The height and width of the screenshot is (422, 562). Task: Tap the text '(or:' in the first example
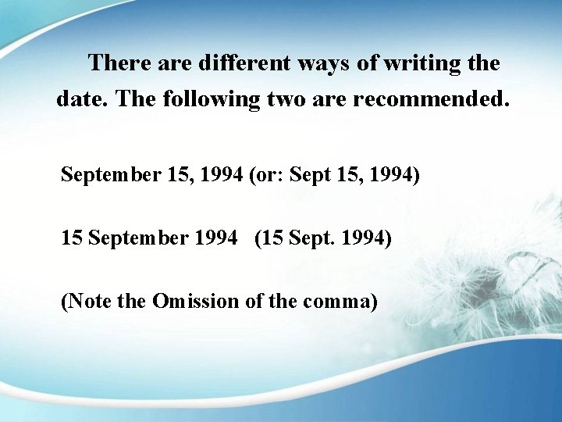pos(266,174)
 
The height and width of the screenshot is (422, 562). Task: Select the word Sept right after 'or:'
pos(309,174)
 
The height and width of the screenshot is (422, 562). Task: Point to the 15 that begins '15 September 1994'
pos(71,238)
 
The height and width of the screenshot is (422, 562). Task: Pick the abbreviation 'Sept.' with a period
pos(310,238)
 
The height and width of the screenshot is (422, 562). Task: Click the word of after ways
pos(367,63)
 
